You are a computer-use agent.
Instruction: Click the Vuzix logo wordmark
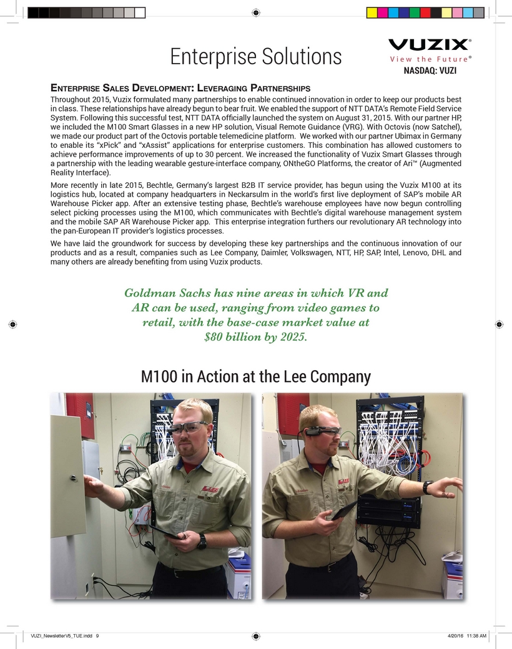(430, 45)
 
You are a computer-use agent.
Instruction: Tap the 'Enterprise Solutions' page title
(256, 57)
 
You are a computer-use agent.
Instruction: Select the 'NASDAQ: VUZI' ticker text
(430, 71)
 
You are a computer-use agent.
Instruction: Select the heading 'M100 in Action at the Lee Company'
(256, 377)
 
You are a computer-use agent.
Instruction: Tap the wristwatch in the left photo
(202, 542)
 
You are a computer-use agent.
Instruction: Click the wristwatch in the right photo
(428, 487)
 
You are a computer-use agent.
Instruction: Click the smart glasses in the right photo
(323, 431)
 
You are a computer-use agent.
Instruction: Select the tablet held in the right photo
(345, 511)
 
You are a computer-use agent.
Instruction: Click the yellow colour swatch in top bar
(371, 12)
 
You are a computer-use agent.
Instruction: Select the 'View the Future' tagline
(428, 59)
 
